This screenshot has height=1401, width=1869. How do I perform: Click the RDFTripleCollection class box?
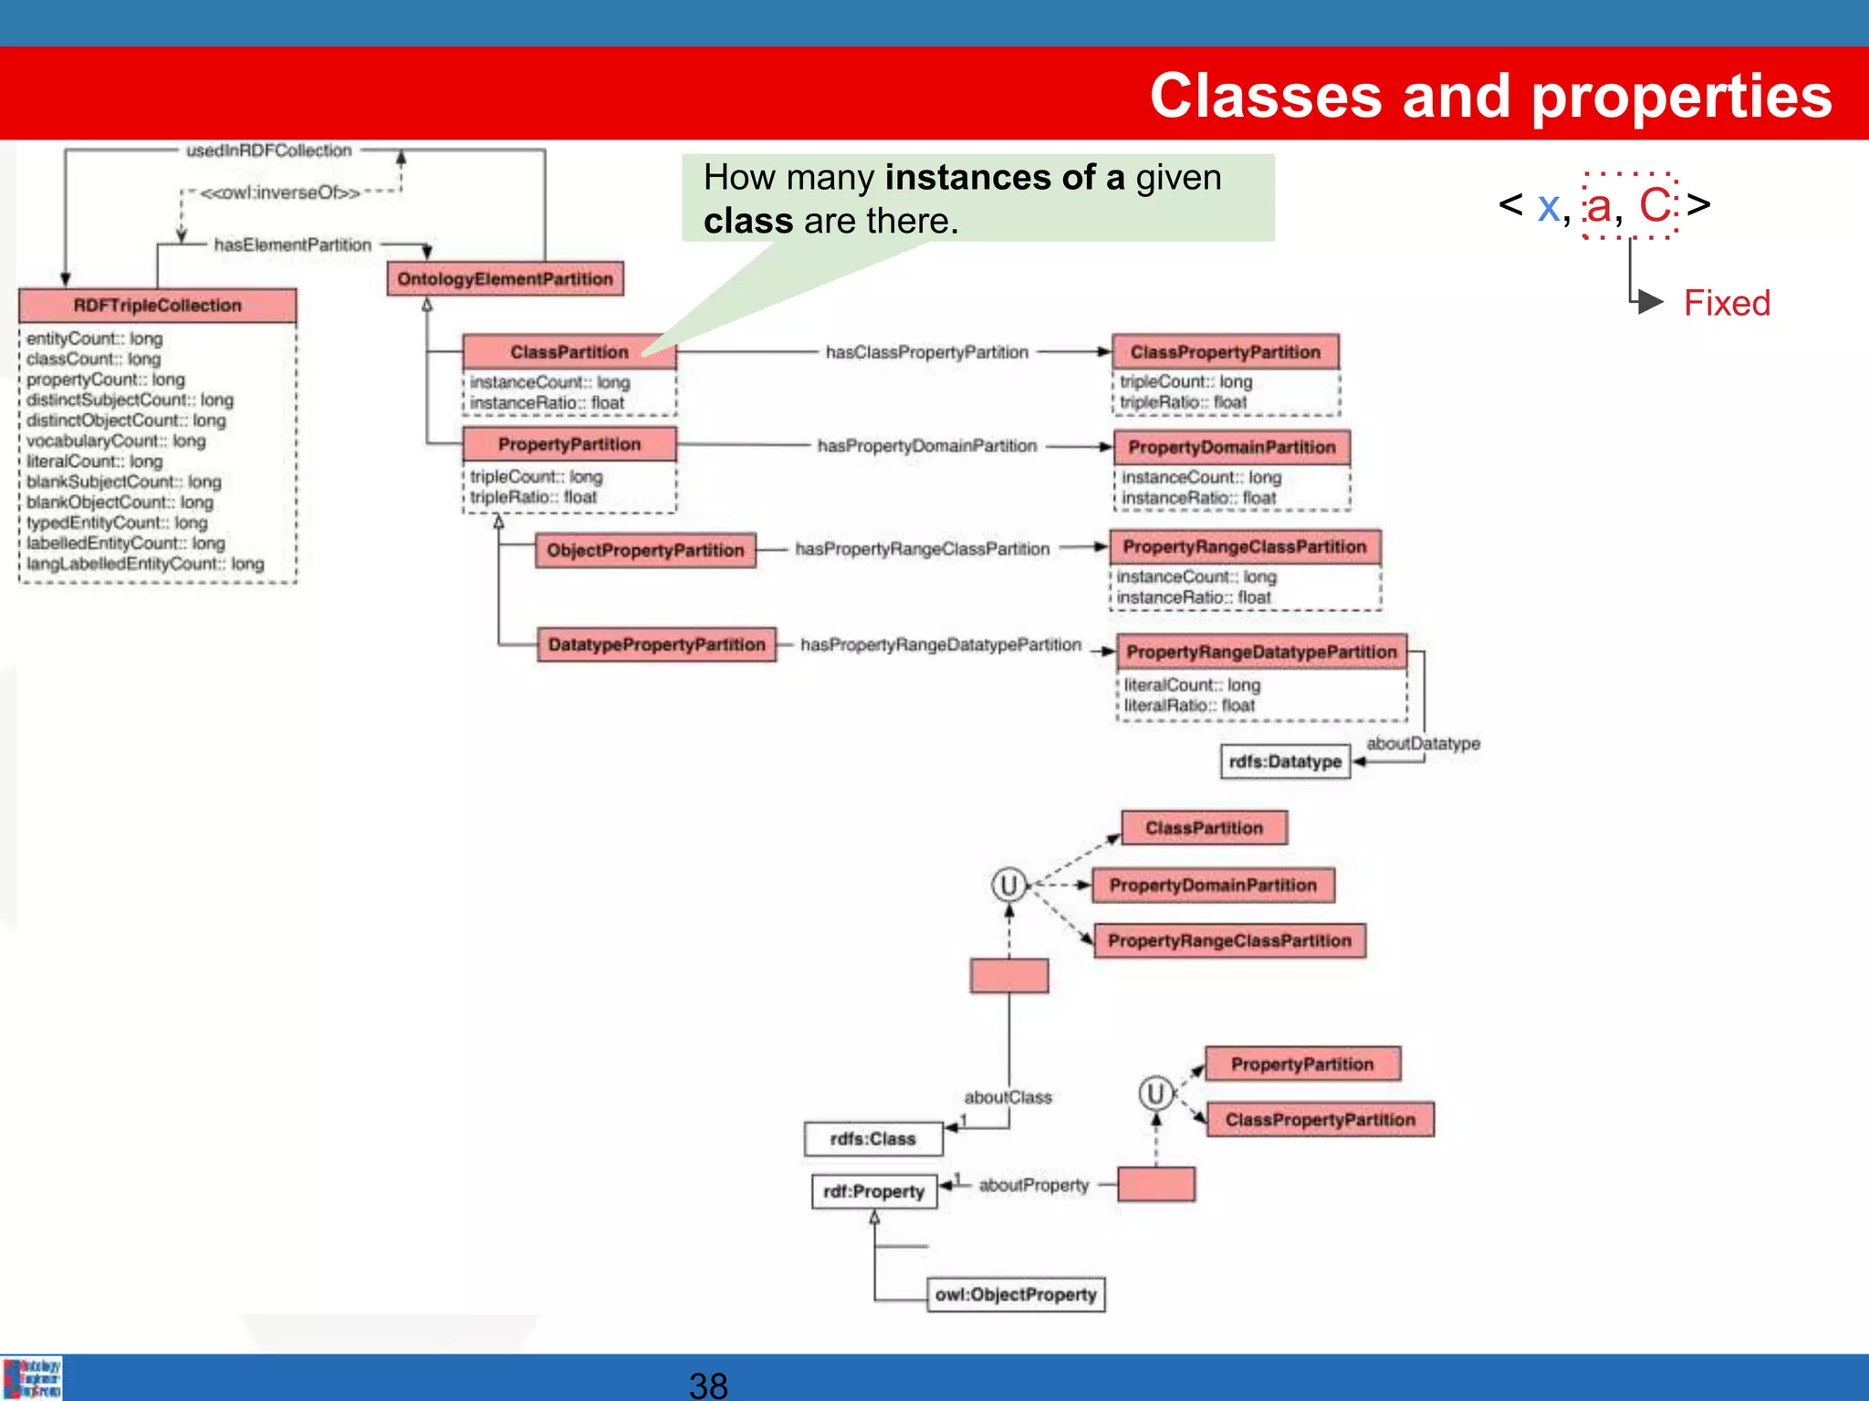click(157, 306)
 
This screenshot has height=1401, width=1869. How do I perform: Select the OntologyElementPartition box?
click(505, 279)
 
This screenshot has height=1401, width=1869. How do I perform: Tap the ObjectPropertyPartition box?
click(645, 550)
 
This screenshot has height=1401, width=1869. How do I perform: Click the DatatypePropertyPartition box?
click(656, 645)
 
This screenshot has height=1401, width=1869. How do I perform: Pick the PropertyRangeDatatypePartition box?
click(1261, 652)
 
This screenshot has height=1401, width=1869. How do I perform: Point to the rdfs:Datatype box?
click(1285, 762)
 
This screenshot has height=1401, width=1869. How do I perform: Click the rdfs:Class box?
click(872, 1139)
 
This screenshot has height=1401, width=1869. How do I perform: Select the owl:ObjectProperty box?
click(1016, 1295)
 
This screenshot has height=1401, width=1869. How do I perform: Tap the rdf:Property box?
click(873, 1192)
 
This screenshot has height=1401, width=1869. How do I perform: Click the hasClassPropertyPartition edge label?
click(926, 352)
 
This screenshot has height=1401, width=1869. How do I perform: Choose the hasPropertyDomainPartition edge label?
click(926, 446)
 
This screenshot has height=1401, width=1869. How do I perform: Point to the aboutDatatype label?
click(1423, 743)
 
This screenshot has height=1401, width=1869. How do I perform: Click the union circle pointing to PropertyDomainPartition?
click(1008, 885)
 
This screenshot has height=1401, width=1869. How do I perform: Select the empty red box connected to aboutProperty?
click(1156, 1185)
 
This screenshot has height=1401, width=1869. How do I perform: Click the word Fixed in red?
click(1727, 303)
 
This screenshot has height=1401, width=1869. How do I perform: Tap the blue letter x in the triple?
click(1548, 206)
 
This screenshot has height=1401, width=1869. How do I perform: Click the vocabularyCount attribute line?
click(116, 441)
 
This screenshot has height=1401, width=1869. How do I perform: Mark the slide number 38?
click(708, 1385)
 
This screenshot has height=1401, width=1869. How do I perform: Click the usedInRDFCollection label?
click(268, 150)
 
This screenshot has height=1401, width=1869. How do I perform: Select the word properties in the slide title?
click(1681, 96)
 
